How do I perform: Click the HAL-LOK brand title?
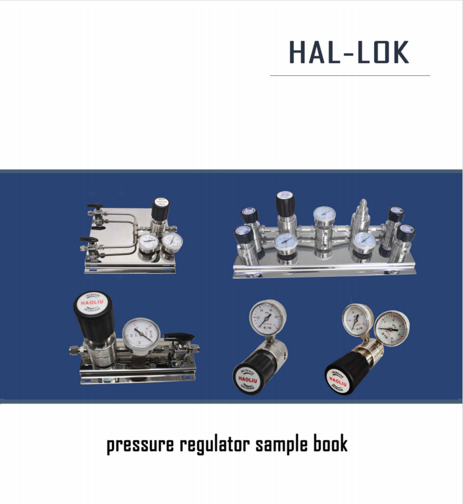coord(349,52)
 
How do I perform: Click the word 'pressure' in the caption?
coord(140,445)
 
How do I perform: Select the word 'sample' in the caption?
coord(281,445)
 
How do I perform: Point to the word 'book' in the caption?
coord(330,445)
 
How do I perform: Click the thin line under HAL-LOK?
coord(350,75)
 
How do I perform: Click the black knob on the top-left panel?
coord(161,209)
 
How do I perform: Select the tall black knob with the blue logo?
coord(286,205)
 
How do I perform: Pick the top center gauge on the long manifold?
coord(324,215)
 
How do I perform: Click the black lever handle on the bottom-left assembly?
coord(180,337)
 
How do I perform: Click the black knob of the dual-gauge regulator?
coord(344,376)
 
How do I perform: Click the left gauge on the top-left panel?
coord(148,242)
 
